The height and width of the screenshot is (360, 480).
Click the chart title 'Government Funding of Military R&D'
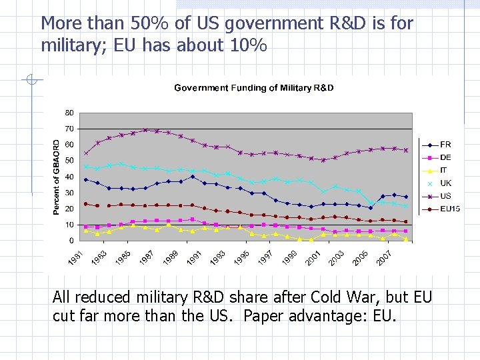(x=254, y=88)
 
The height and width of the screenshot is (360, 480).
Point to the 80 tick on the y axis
(x=69, y=112)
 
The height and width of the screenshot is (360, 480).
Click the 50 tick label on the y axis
(x=69, y=161)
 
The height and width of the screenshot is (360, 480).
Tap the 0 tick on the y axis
(x=71, y=241)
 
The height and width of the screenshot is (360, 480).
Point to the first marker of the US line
(x=85, y=153)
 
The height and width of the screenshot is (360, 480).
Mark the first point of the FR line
(x=85, y=179)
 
